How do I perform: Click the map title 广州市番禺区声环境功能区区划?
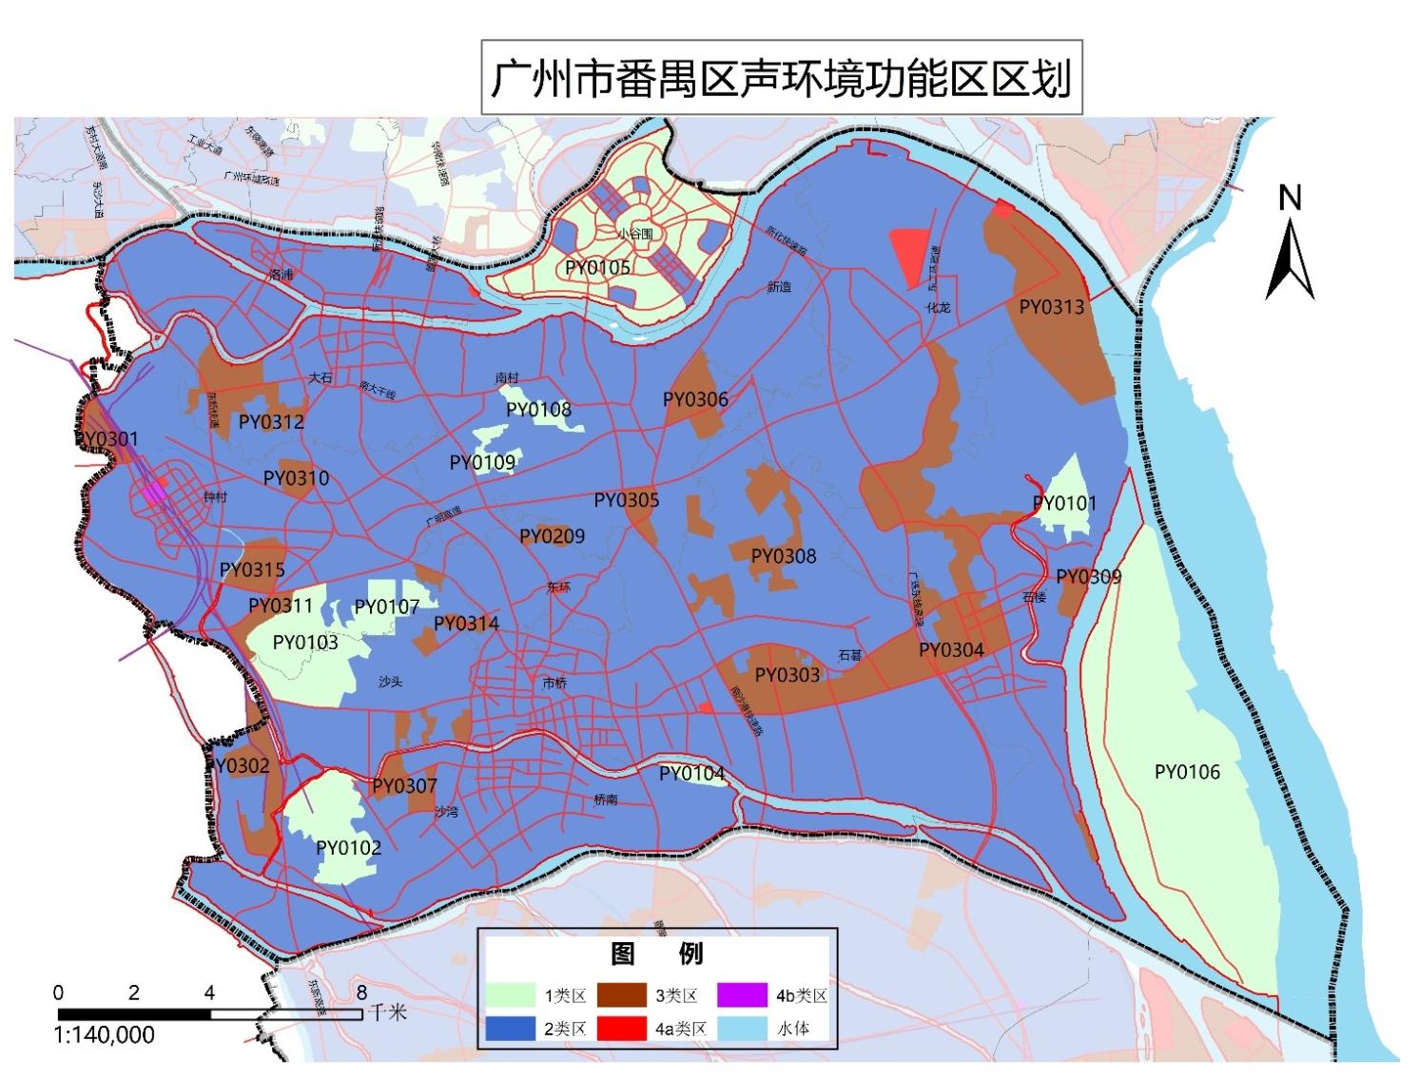tap(781, 78)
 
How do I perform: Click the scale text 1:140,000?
tap(105, 1035)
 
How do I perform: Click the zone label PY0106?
tap(1186, 772)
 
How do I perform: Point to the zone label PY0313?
tap(1051, 306)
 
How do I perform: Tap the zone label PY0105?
tap(597, 267)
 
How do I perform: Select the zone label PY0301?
tap(107, 439)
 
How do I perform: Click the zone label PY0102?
tap(348, 848)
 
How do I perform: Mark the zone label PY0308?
tap(783, 556)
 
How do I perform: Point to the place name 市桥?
tap(554, 684)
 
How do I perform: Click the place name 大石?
tap(320, 377)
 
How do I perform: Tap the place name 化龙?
tap(938, 307)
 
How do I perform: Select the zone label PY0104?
tap(691, 774)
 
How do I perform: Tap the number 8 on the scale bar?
tap(361, 992)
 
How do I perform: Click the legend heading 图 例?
tap(656, 954)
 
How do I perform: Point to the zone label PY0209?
tap(552, 536)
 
